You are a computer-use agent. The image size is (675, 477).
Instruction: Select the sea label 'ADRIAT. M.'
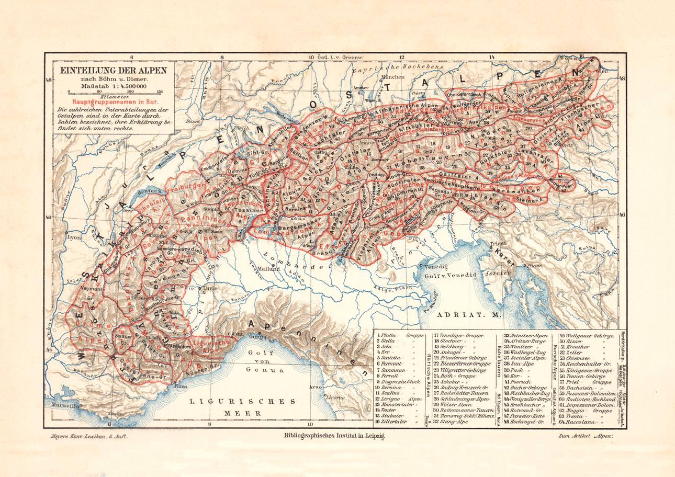462,316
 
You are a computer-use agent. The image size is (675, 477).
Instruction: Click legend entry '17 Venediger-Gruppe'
458,335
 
